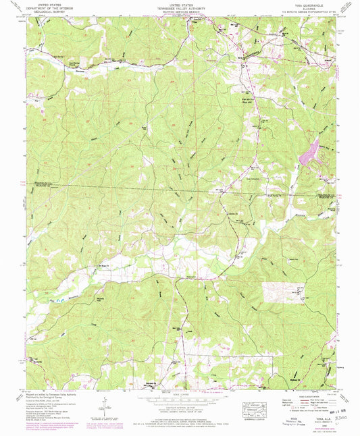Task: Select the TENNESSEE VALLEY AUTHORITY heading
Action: click(180, 7)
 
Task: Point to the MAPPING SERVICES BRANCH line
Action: click(180, 11)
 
